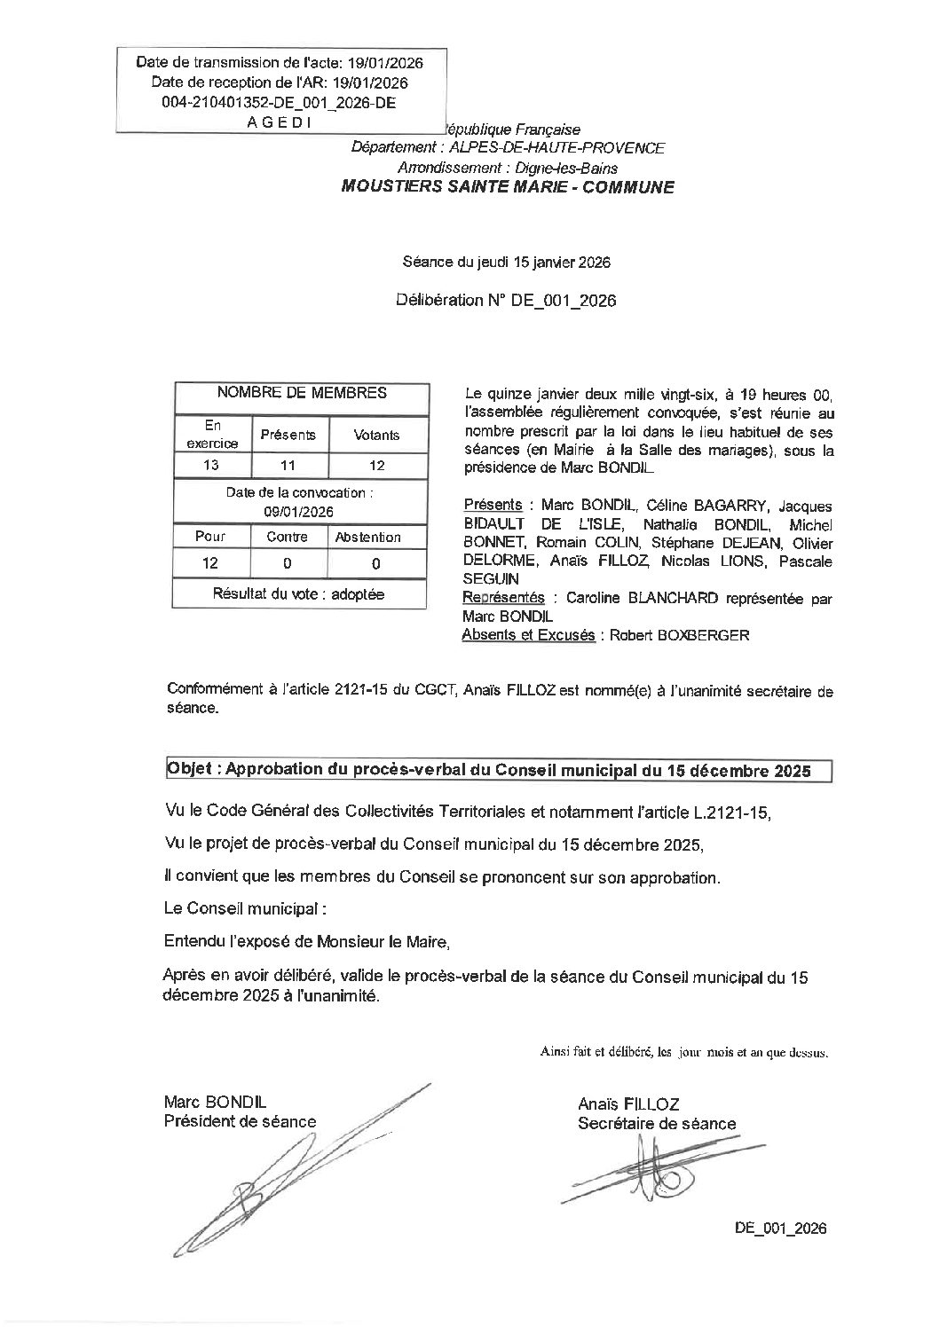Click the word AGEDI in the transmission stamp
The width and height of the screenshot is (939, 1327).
pyautogui.click(x=279, y=123)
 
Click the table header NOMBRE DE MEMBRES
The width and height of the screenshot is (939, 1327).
pyautogui.click(x=302, y=392)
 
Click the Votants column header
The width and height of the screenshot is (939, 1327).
pyautogui.click(x=376, y=435)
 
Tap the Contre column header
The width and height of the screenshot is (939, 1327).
pyautogui.click(x=288, y=537)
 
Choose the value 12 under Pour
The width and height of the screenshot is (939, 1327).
pyautogui.click(x=211, y=563)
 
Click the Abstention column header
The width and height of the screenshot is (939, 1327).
pyautogui.click(x=367, y=537)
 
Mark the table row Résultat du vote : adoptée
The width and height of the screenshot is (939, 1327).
pyautogui.click(x=298, y=594)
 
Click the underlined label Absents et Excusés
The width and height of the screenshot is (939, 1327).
pyautogui.click(x=528, y=635)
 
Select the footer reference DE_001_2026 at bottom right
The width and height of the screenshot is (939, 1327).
pyautogui.click(x=780, y=1229)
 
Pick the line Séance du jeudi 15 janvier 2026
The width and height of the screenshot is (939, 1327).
pyautogui.click(x=506, y=263)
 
